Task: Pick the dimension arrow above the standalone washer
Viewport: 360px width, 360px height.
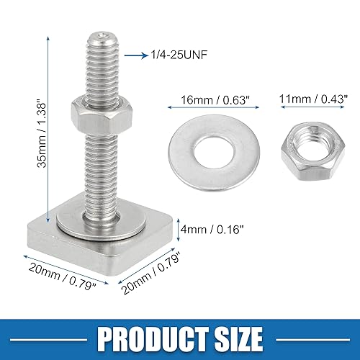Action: click(211, 107)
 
